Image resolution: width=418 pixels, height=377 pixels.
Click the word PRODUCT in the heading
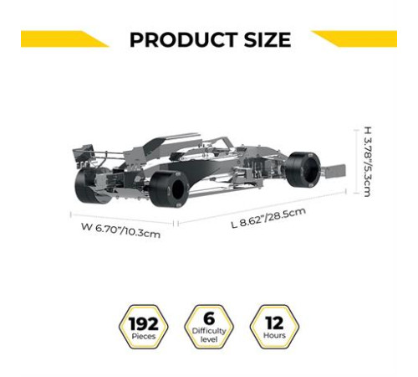[x=184, y=39]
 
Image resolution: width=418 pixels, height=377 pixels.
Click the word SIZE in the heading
[x=268, y=39]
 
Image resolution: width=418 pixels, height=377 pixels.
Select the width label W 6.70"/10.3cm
[x=120, y=230]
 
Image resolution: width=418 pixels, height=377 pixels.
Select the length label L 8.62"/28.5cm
[x=268, y=218]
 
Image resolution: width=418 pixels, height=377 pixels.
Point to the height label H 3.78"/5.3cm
[x=368, y=162]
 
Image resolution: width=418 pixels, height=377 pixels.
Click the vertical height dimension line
[x=356, y=161]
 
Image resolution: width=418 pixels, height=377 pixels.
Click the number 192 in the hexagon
[x=144, y=323]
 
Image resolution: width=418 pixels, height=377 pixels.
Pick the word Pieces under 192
[x=144, y=336]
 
